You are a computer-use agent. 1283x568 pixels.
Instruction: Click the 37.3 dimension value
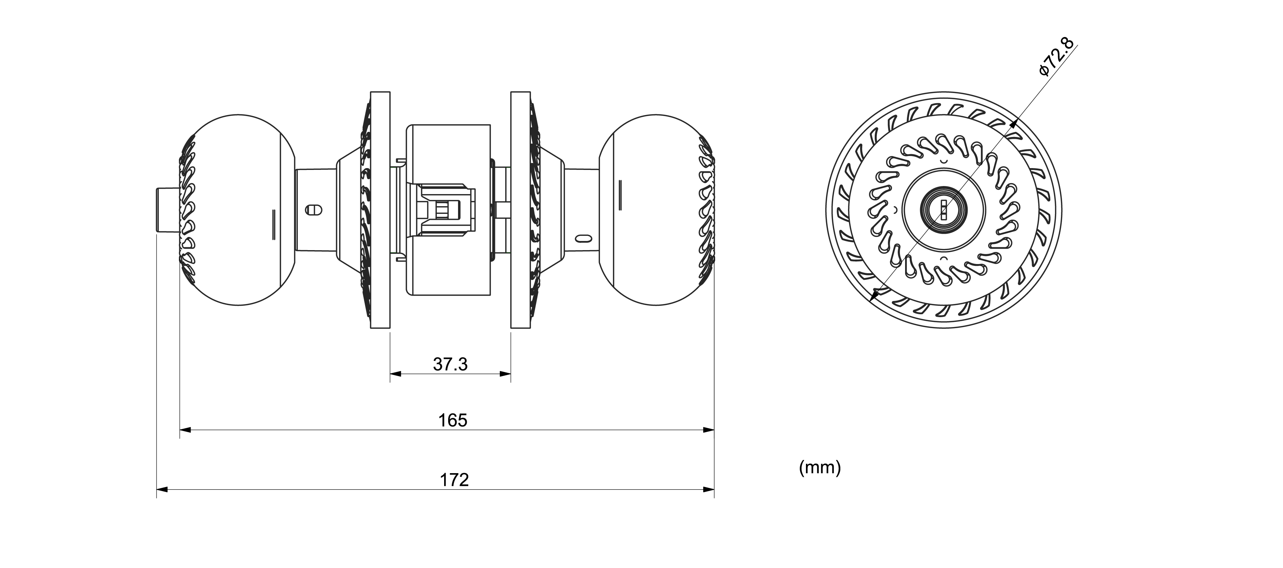pos(450,364)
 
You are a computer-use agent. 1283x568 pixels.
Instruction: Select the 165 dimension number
pos(453,420)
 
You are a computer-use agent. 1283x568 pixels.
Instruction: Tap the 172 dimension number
pos(454,480)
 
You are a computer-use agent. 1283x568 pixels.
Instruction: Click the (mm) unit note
pos(820,468)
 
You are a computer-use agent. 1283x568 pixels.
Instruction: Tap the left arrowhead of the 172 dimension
pos(163,489)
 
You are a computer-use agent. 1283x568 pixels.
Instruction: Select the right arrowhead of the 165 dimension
pos(708,430)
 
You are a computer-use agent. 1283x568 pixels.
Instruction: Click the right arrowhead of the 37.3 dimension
pos(505,373)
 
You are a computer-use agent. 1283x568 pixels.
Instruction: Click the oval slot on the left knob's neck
pos(313,209)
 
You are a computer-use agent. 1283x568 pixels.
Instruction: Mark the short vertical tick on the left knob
pos(273,225)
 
